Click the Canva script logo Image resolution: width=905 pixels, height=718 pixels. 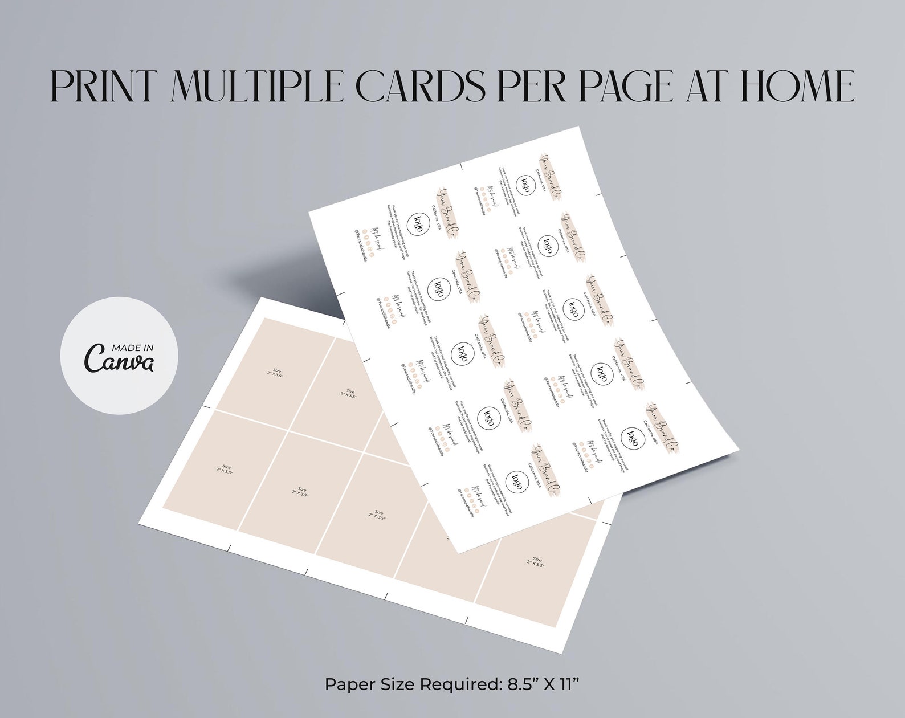tap(119, 359)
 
